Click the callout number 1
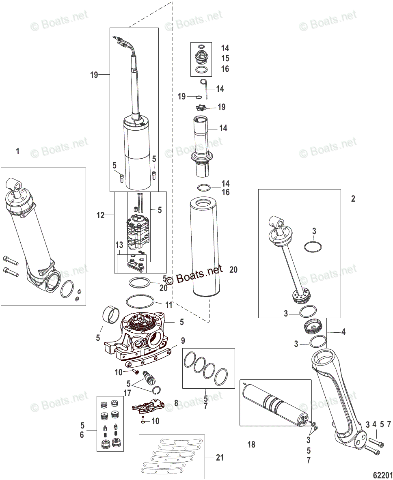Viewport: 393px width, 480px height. point(17,151)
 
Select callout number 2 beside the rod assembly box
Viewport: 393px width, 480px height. point(353,199)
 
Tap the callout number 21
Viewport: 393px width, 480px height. point(220,458)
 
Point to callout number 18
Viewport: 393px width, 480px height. point(251,444)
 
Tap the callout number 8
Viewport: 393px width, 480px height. point(176,403)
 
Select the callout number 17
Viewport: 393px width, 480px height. point(128,392)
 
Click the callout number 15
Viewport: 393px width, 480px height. point(225,59)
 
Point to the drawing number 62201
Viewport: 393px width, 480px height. point(382,474)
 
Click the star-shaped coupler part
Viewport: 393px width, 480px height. point(200,108)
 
